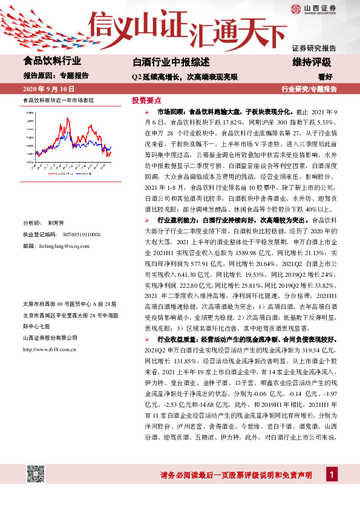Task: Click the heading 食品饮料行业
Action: (52, 61)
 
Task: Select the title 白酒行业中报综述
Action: (171, 62)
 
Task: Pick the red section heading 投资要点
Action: (146, 100)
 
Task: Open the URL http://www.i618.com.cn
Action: (48, 349)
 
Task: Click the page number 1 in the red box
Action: (332, 475)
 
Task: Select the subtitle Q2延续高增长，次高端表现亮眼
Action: (185, 77)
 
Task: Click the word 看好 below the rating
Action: (326, 77)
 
